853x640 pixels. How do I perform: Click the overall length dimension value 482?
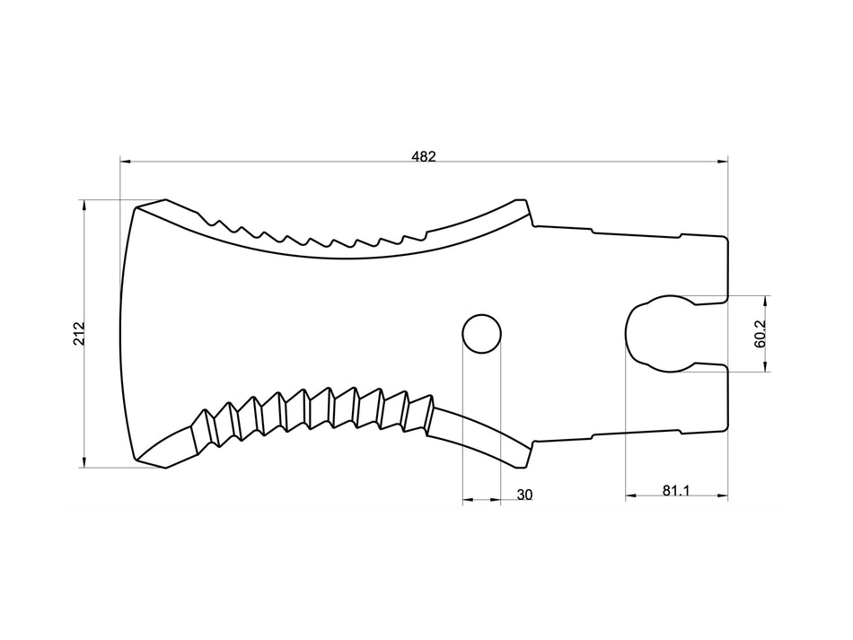(x=424, y=156)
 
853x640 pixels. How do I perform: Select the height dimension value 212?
(x=79, y=334)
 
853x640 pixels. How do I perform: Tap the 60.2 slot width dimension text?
(x=760, y=334)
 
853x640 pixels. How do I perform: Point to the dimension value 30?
(x=525, y=495)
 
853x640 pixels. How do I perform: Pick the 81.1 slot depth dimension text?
(x=676, y=490)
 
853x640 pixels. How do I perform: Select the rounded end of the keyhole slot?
(x=639, y=332)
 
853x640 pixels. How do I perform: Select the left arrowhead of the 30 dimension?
(x=467, y=500)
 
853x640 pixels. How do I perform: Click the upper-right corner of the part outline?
(x=725, y=239)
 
